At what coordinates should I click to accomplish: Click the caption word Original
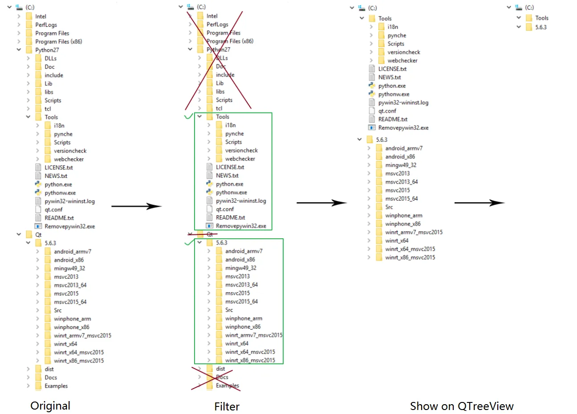coord(50,406)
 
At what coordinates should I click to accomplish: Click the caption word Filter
coord(227,406)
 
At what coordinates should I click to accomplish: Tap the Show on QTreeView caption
coord(462,406)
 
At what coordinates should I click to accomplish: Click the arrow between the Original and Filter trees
coord(136,206)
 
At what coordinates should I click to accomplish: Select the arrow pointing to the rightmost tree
coord(479,203)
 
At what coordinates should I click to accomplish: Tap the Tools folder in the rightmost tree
coord(541,18)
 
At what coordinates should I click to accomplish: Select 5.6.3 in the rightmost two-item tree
coord(540,27)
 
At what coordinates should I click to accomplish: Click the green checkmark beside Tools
coord(188,117)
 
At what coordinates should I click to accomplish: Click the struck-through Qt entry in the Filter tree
coord(209,234)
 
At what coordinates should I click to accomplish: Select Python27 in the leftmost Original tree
coord(47,50)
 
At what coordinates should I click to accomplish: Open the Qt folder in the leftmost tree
coord(38,235)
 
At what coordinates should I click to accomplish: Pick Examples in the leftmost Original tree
coord(56,386)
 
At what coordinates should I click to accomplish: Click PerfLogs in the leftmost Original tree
coord(46,25)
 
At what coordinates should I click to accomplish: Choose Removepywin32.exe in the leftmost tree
coord(69,226)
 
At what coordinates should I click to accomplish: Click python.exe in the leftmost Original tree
coord(58,185)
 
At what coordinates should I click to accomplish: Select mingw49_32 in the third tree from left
coord(401,165)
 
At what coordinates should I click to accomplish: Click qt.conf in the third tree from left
coord(387,111)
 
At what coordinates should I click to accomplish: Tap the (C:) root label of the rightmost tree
coord(529,8)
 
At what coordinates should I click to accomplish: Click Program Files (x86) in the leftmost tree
coord(58,42)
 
